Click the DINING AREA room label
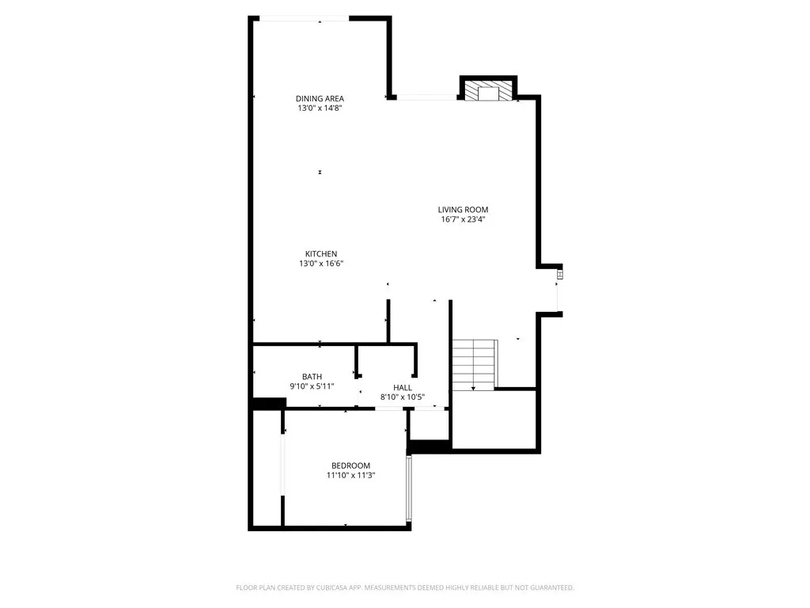320,98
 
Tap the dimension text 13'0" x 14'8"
320,108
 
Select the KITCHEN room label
321,253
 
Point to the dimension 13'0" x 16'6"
321,264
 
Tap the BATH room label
312,376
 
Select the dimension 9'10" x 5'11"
312,386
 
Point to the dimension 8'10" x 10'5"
402,397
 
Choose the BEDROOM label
350,465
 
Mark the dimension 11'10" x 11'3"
350,476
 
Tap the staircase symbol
474,363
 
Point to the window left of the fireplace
426,97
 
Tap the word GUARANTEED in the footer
549,587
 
